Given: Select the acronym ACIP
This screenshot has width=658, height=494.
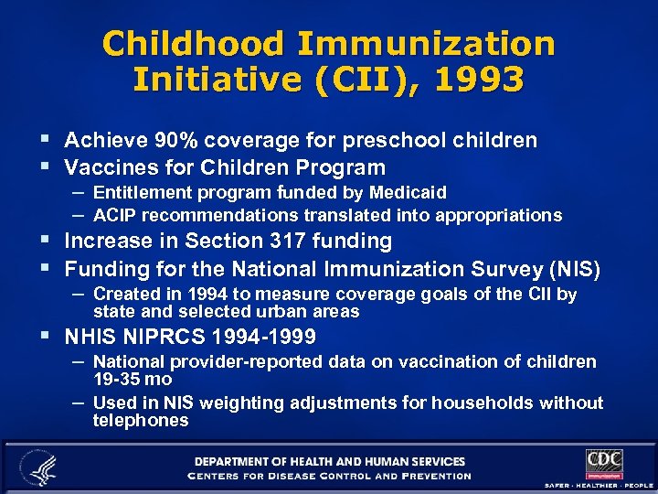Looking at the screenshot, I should pos(114,215).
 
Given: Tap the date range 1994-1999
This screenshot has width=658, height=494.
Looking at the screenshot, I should pos(262,336).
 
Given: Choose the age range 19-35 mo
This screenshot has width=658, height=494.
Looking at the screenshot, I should pos(132,378).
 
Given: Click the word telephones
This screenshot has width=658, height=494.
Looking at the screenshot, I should pos(140,421).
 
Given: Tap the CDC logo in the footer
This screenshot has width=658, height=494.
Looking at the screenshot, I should pos(604,463).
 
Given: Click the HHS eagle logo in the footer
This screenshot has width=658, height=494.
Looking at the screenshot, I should pos(39,467).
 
